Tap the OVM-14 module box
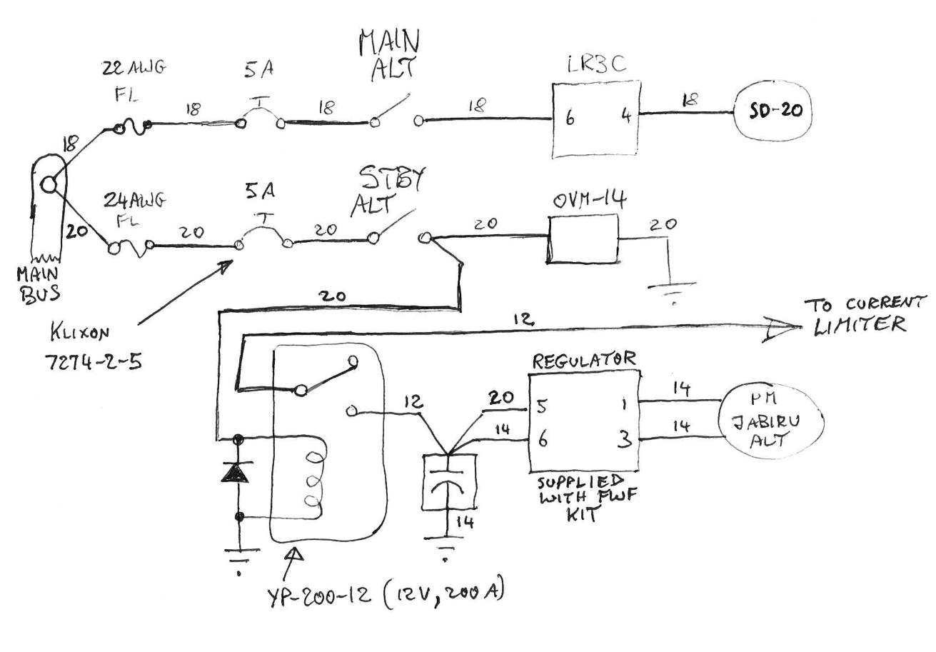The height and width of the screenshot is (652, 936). coord(583,239)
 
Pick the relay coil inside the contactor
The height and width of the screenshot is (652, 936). coord(311,478)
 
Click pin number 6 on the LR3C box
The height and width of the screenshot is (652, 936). coord(569,118)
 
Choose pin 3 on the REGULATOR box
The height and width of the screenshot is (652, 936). coord(625,441)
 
